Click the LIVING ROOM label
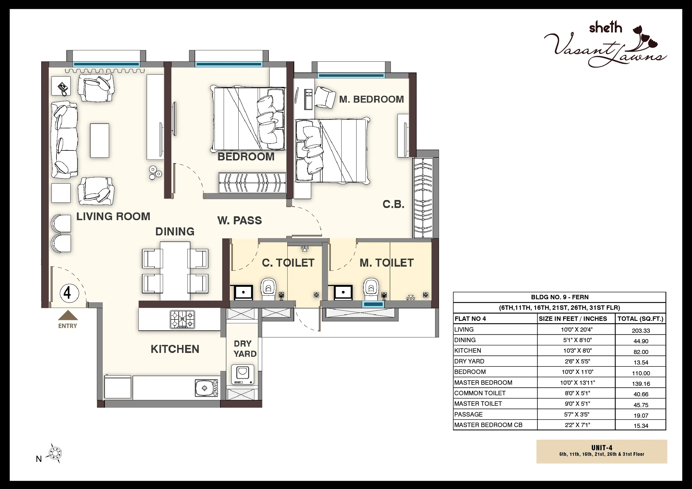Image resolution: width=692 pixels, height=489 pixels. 113,217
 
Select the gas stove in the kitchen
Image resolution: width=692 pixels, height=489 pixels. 182,319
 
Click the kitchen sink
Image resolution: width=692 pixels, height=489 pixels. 206,388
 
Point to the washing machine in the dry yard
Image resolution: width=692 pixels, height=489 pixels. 243,374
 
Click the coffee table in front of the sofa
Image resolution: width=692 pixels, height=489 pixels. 99,140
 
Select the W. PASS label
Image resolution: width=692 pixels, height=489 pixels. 240,220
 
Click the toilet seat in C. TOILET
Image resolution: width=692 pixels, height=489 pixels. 268,289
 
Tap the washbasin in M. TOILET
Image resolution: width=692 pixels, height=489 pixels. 343,292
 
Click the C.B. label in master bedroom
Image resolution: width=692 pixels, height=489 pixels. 393,204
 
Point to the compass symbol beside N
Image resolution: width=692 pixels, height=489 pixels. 55,453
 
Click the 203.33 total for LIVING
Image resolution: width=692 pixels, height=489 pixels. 641,331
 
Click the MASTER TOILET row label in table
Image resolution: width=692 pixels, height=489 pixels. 478,404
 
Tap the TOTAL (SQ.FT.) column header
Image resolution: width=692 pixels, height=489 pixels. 641,319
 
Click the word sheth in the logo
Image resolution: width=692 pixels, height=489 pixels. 606,28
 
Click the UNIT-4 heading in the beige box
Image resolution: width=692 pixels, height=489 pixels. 602,448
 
